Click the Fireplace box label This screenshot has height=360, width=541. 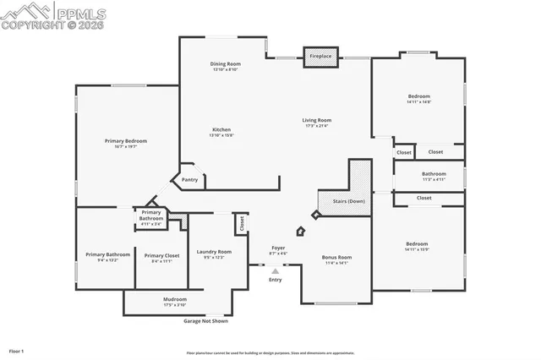click(320, 56)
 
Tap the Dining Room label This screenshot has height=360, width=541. click(226, 64)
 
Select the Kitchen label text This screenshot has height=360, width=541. click(221, 129)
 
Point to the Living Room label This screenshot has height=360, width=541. click(317, 120)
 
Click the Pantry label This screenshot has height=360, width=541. click(190, 179)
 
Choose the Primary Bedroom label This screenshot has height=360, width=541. click(126, 140)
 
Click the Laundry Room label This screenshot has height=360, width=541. click(213, 252)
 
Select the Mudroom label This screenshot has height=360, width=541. click(175, 299)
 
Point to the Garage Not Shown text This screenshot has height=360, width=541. click(206, 321)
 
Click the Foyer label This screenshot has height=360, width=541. click(278, 248)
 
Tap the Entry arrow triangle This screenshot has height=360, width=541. click(276, 271)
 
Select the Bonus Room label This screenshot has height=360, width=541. click(336, 257)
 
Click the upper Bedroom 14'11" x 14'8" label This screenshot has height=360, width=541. click(418, 96)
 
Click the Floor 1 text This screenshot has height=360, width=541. click(17, 350)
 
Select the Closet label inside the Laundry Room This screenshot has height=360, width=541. click(242, 224)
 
